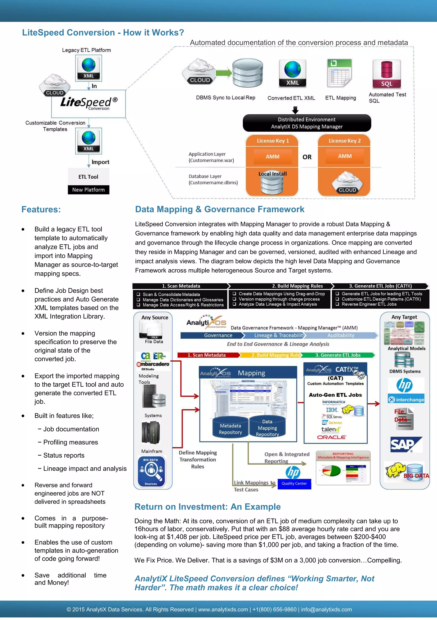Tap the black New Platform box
coord(88,189)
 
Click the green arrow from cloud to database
coord(224,73)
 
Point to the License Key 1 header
coord(272,141)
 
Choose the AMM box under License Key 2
coord(345,156)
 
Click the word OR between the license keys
coord(307,157)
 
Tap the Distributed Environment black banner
coord(307,123)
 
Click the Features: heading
coord(41,209)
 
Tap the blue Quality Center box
coord(294,483)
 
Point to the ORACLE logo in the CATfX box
coord(332,437)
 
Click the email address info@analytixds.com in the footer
coord(326,610)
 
